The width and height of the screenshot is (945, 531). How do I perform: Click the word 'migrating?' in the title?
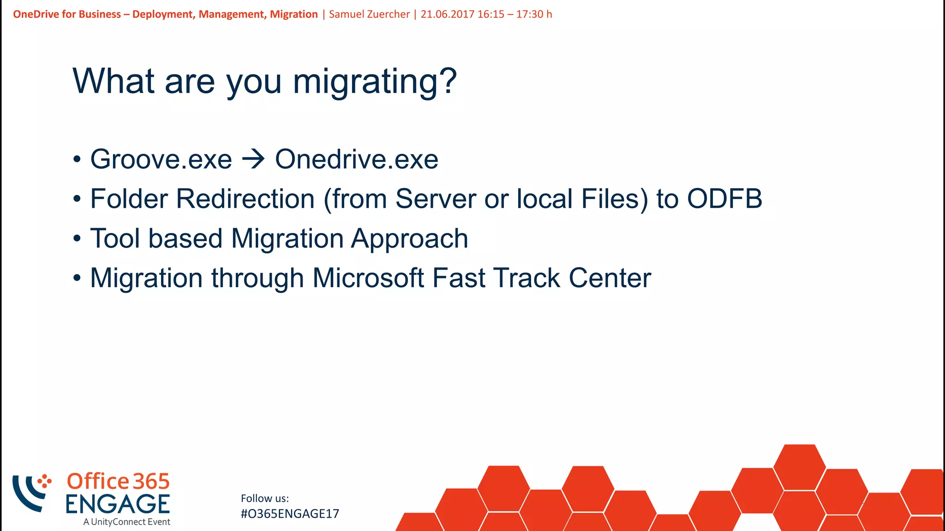375,82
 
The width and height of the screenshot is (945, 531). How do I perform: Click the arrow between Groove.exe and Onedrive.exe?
253,159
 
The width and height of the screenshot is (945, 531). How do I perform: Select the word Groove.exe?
161,159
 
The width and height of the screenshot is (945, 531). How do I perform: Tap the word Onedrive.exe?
356,159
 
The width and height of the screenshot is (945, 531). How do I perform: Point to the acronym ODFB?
724,199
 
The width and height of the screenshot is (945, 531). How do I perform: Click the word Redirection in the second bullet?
245,199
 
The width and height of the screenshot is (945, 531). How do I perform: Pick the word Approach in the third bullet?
409,239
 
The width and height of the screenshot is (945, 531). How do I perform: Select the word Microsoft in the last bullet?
368,278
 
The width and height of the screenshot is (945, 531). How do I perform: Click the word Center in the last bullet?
610,278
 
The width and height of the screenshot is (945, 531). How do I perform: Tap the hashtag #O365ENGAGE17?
290,514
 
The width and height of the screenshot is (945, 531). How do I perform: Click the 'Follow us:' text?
265,498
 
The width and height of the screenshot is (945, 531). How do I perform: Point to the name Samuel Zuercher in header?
369,14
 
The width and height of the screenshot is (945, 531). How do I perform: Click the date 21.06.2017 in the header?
447,14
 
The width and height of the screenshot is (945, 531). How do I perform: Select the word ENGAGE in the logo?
118,504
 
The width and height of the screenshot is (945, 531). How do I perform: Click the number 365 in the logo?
151,482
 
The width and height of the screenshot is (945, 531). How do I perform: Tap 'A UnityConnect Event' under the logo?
127,522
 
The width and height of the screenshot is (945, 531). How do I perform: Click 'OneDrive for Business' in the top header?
67,14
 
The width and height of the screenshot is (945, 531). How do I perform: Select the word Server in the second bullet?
436,199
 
